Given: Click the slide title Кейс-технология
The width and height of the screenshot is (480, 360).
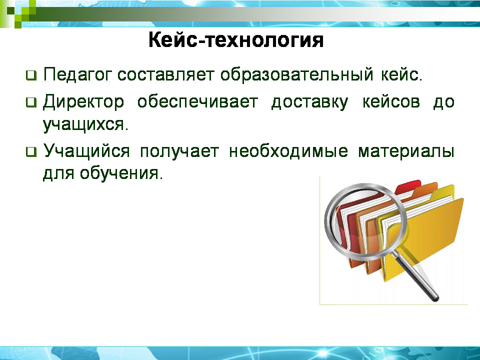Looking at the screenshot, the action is [235, 40].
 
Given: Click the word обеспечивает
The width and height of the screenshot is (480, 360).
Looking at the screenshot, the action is [198, 102].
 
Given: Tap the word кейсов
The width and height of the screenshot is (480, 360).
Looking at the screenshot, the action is [391, 102].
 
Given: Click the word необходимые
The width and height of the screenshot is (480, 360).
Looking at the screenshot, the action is [288, 150].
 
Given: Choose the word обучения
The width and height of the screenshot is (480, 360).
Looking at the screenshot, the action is [121, 173].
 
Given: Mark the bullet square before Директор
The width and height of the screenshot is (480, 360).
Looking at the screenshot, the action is [31, 102].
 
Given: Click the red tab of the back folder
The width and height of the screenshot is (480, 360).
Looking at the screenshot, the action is [408, 186].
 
